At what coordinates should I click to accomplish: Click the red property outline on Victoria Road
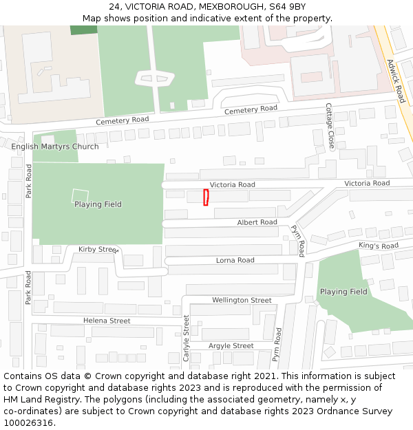(x=206, y=197)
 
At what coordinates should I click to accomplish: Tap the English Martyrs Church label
(x=55, y=147)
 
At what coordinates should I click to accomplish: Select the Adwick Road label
(x=396, y=80)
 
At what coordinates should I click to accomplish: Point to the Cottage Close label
(x=330, y=127)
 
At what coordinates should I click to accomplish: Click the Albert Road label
(x=257, y=222)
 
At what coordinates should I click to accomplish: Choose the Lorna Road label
(x=235, y=260)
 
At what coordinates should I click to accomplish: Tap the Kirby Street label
(x=98, y=249)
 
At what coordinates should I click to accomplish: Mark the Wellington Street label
(x=242, y=300)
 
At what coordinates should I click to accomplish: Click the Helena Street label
(x=107, y=321)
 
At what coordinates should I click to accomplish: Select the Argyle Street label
(x=231, y=345)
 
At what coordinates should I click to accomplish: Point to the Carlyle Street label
(x=186, y=338)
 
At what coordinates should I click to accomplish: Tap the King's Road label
(x=378, y=246)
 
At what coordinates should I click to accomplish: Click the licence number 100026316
(x=28, y=423)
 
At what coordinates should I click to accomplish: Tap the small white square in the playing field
(x=81, y=195)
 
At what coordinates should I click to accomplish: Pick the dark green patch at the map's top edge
(x=84, y=30)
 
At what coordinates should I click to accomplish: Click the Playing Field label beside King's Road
(x=343, y=292)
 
